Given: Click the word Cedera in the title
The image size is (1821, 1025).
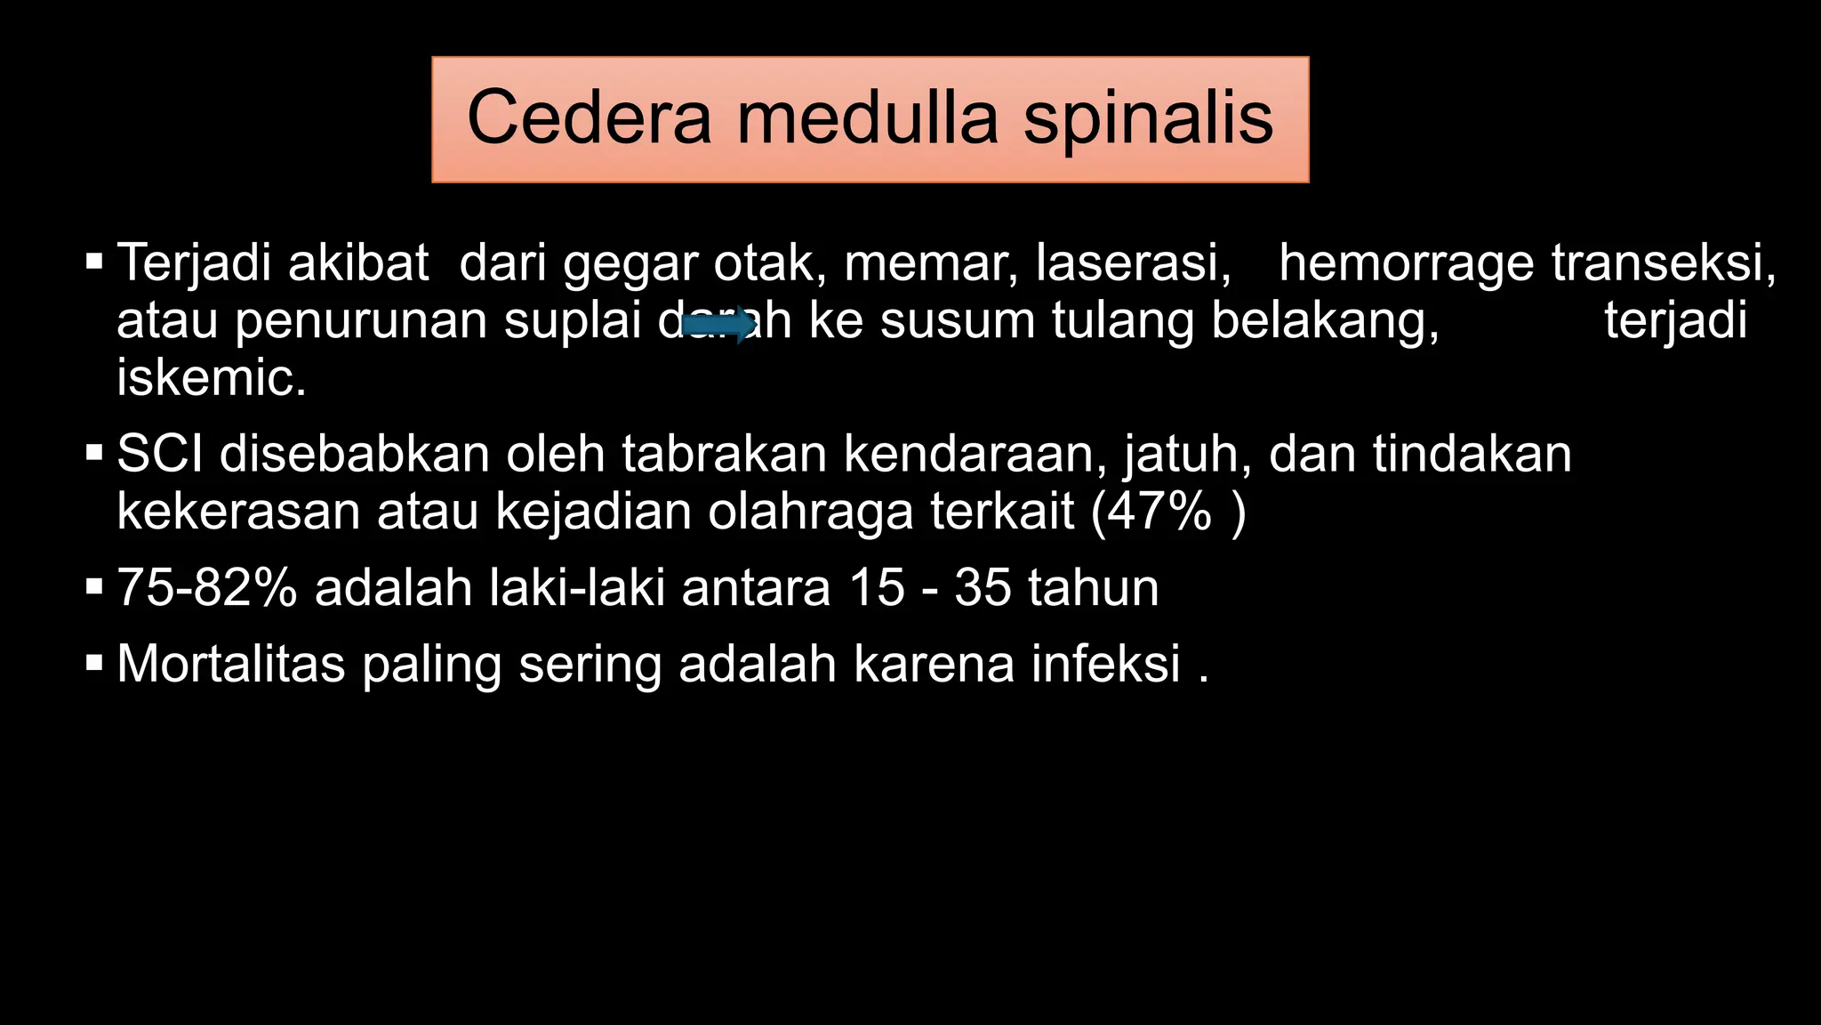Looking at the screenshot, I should tap(589, 118).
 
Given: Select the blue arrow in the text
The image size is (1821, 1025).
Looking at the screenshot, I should tap(718, 325).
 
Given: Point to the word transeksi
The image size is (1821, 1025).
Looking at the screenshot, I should tap(1663, 263).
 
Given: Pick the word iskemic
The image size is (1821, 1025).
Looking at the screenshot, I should tap(212, 378).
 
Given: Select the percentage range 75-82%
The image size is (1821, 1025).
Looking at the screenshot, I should tap(206, 588).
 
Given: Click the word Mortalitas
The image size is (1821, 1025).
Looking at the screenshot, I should tap(230, 664).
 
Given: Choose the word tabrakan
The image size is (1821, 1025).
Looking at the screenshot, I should tap(724, 454).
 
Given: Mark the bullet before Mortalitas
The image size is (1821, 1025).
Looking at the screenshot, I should tap(94, 663).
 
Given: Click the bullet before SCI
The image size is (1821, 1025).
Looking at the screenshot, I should tap(94, 453).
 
